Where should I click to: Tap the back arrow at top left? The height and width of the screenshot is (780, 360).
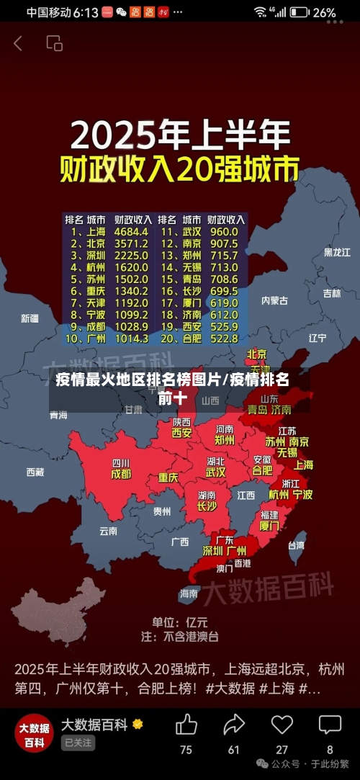point(17,43)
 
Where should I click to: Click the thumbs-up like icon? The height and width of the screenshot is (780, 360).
point(186,724)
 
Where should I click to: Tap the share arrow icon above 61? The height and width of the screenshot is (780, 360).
point(234,724)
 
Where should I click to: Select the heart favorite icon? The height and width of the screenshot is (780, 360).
point(282,724)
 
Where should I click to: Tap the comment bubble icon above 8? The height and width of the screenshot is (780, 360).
point(330,724)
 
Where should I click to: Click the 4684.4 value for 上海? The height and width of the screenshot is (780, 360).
point(132,232)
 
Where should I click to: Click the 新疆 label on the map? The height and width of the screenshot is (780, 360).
point(30,318)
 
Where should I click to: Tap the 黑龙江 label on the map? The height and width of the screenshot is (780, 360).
point(336,252)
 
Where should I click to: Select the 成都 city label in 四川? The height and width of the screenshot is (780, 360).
point(121,474)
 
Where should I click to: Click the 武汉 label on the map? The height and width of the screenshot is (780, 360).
point(215,472)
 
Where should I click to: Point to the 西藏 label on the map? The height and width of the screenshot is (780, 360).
point(35,472)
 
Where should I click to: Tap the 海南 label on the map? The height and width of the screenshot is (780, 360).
point(189,594)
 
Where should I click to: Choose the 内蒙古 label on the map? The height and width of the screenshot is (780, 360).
point(274,300)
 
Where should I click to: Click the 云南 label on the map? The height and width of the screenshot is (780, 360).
point(108,531)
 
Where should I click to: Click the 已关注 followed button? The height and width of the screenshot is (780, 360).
point(78,743)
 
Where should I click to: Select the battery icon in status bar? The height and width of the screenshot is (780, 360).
point(299,12)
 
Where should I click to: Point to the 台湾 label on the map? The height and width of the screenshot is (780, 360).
point(296,545)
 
